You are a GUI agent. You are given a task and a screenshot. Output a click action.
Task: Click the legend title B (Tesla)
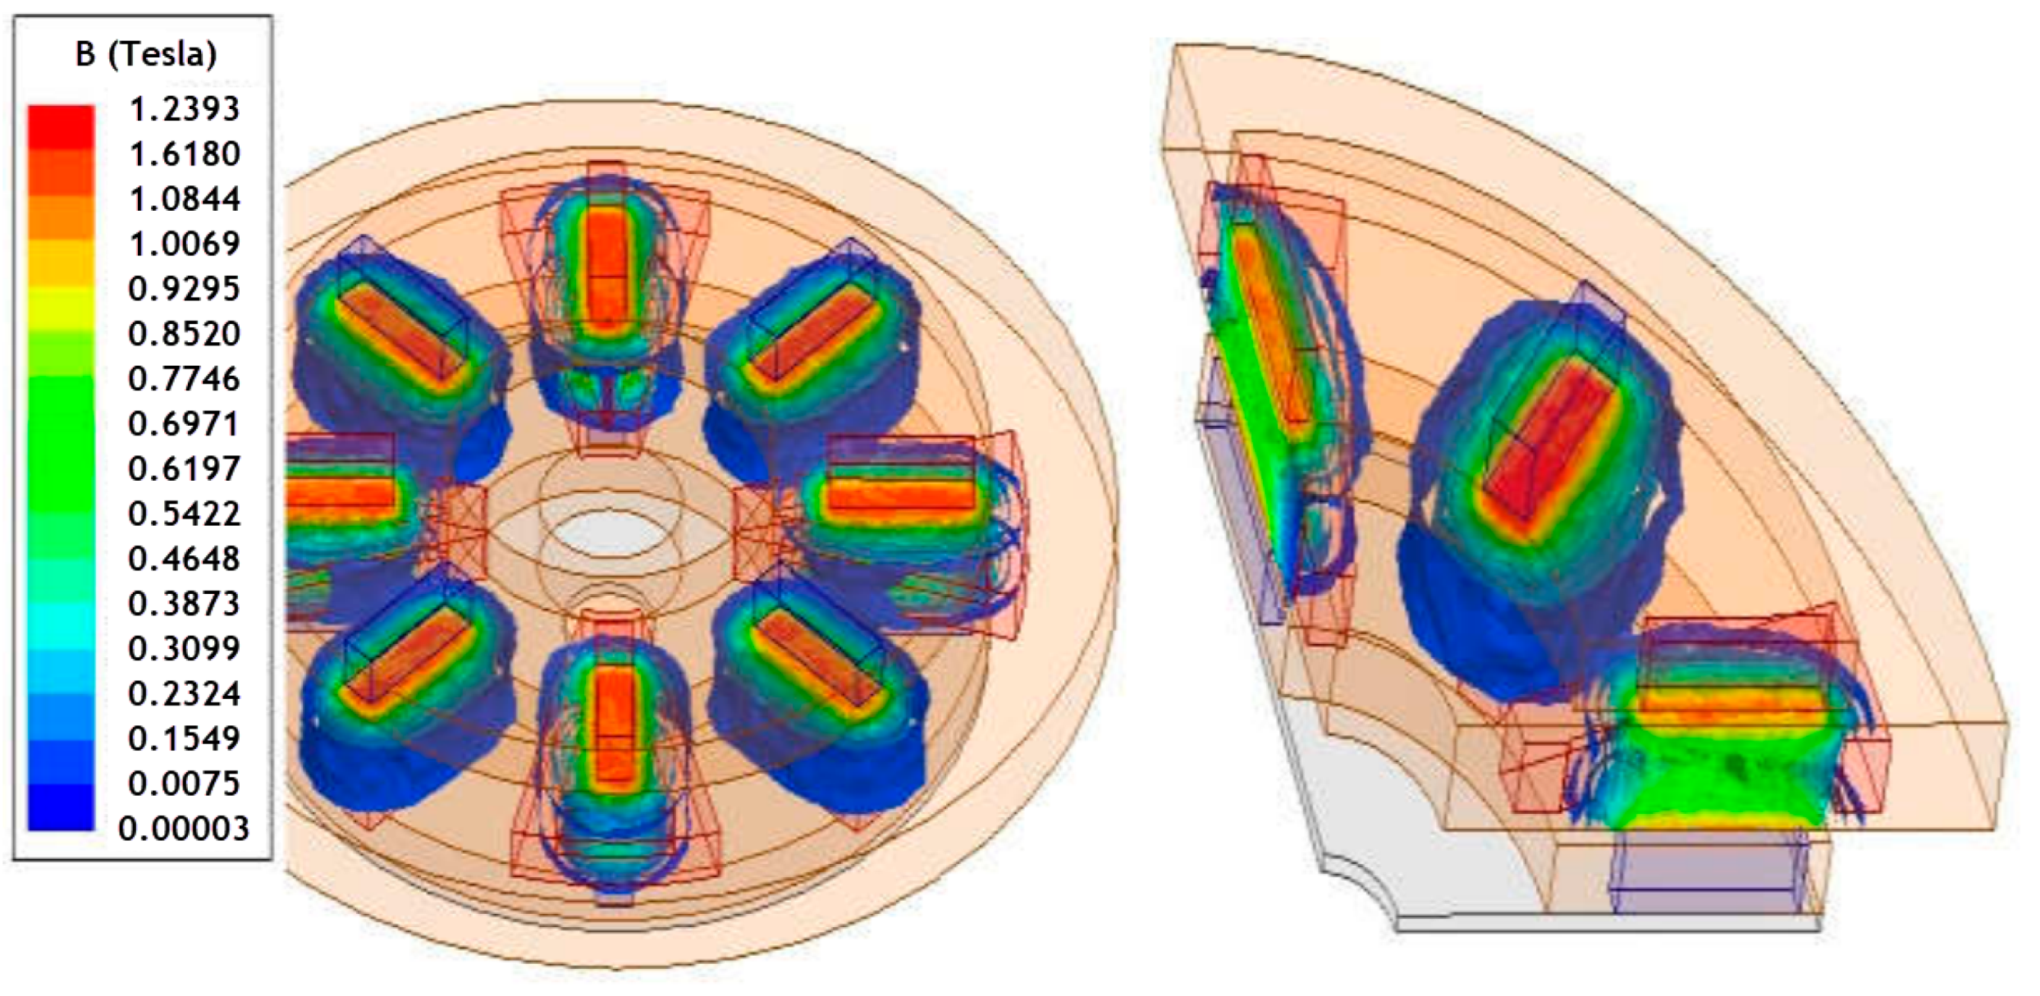coord(146,54)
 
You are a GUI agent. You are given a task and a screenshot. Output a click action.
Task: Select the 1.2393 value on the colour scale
coord(185,109)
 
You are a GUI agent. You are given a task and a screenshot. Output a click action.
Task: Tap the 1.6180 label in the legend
coord(185,154)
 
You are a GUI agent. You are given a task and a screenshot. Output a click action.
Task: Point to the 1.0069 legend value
coord(185,244)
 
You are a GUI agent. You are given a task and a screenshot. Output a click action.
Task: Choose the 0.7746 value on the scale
coord(185,379)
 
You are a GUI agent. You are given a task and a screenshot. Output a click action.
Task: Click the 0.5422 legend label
coord(185,514)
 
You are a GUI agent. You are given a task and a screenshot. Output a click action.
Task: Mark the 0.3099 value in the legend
coord(185,649)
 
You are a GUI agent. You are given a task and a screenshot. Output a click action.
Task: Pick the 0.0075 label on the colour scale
coord(185,784)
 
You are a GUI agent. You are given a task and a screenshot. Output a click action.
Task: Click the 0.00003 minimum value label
coord(183,829)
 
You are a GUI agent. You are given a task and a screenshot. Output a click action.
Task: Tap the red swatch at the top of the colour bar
coord(61,127)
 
